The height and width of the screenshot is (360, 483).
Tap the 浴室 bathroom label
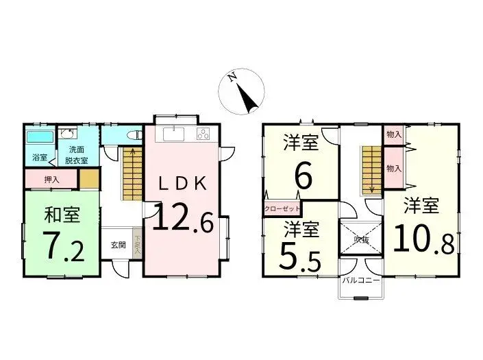[39, 158]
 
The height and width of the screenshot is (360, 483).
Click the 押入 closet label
[51, 180]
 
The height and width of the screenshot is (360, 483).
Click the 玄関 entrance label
[117, 245]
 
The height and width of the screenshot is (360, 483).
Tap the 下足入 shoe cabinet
[137, 245]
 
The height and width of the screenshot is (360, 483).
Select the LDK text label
[182, 183]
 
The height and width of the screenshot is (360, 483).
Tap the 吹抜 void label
[362, 240]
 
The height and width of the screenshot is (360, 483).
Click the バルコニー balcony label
[362, 280]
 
